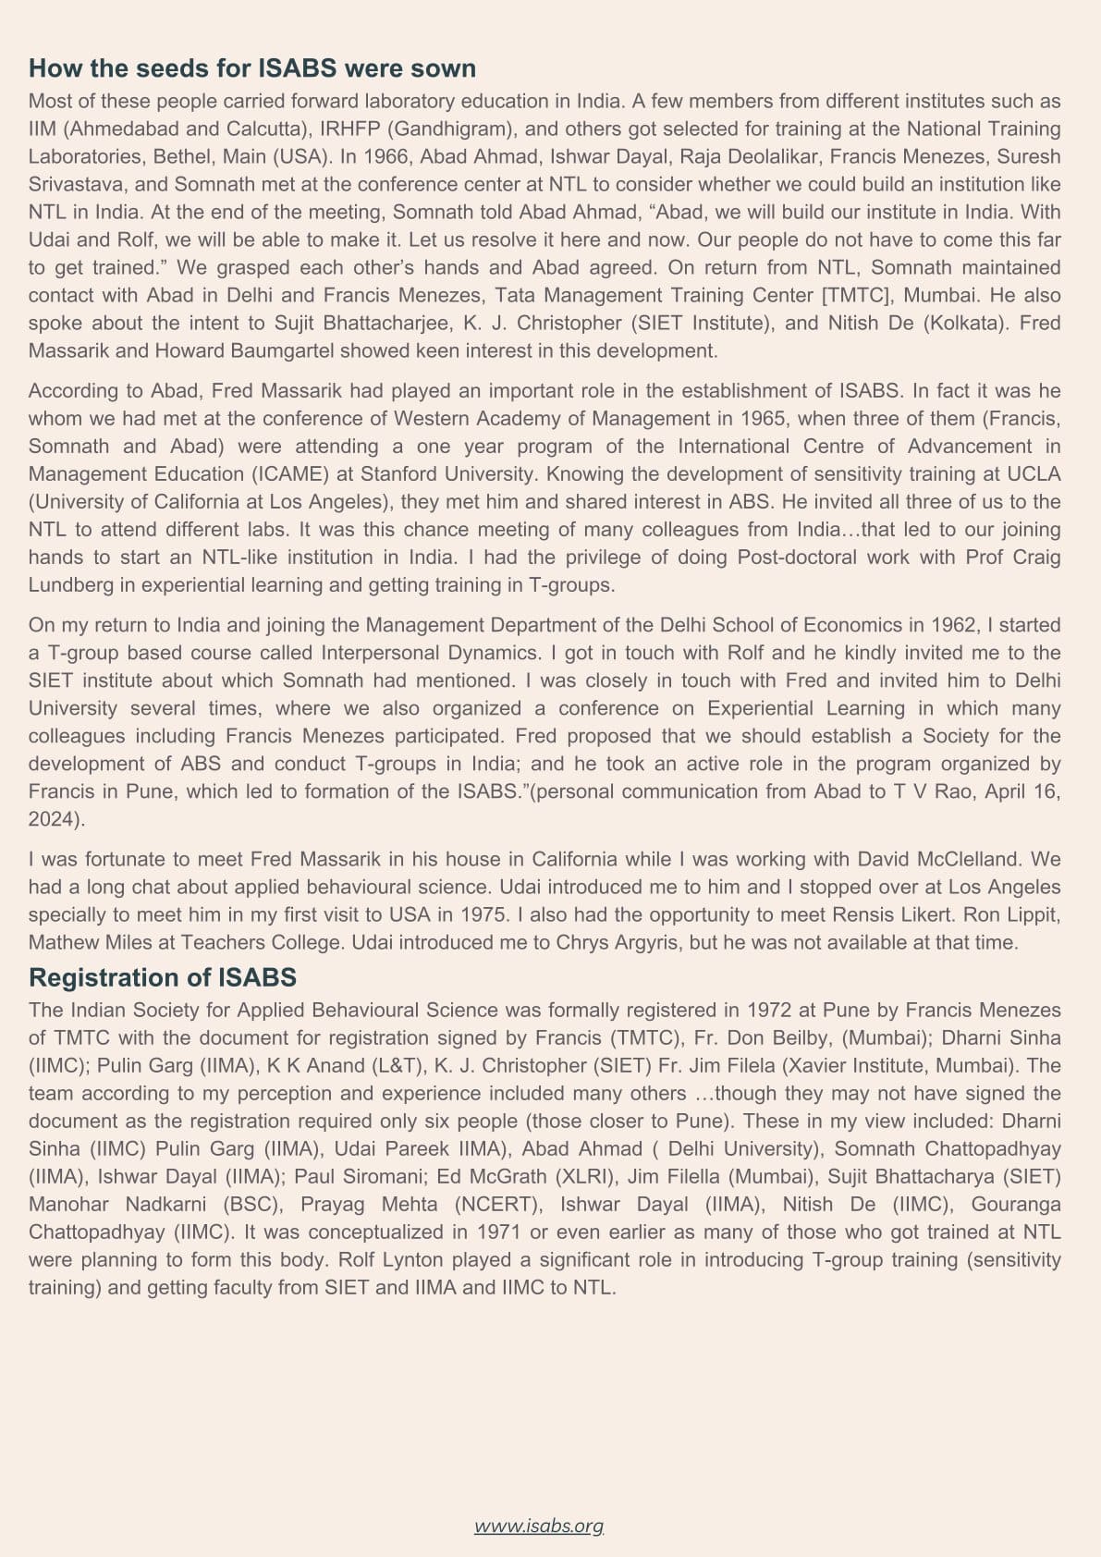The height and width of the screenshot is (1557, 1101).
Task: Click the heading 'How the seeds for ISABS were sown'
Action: click(x=251, y=68)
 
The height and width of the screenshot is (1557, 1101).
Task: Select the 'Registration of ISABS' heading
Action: click(x=162, y=977)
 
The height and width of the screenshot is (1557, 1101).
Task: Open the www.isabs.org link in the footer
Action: click(x=539, y=1526)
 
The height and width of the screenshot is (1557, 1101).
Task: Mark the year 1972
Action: click(x=769, y=1010)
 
